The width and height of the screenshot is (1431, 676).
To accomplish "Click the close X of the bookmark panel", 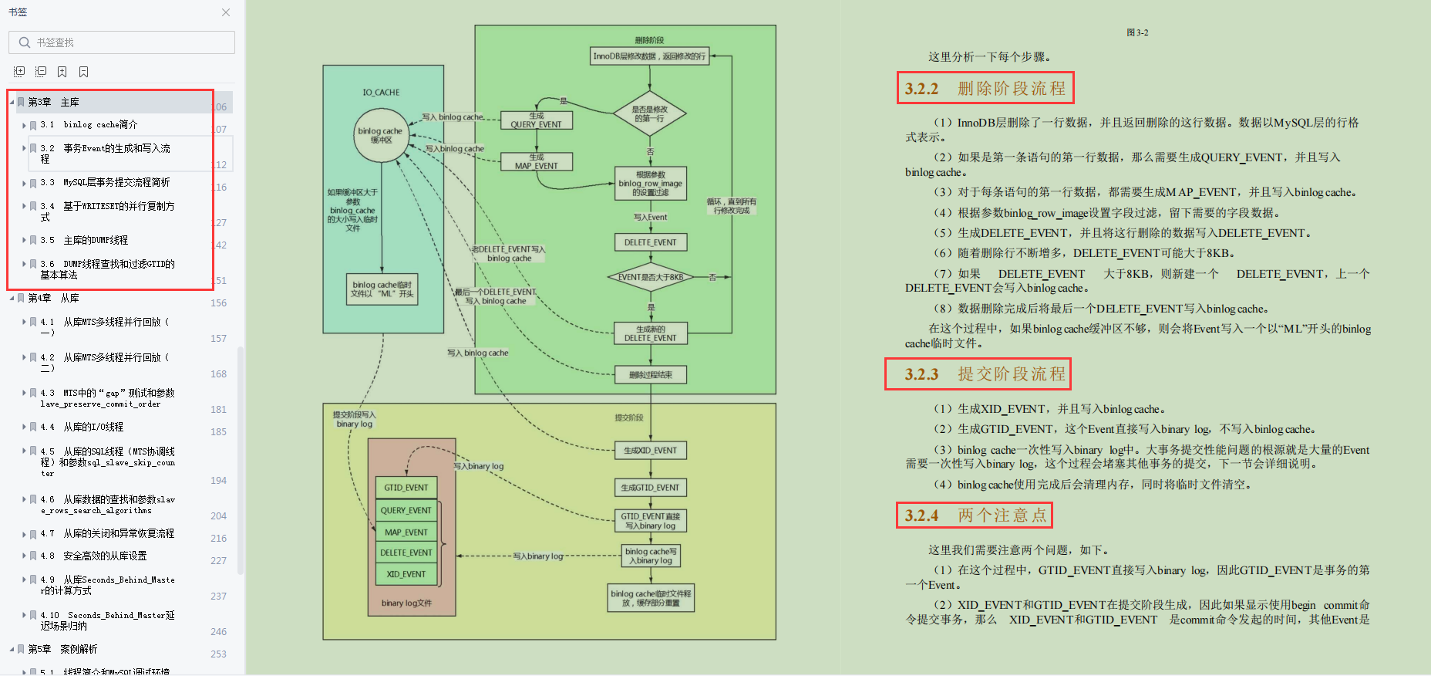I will (x=226, y=12).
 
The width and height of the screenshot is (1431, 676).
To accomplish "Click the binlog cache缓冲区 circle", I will (x=380, y=135).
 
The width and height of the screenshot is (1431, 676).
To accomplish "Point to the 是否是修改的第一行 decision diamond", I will (x=650, y=114).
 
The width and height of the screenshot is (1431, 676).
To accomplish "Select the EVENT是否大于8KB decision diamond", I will (x=650, y=277).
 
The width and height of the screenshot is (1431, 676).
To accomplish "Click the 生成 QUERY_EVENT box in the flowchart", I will (x=536, y=120).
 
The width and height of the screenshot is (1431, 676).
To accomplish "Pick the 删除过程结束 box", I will (x=650, y=375).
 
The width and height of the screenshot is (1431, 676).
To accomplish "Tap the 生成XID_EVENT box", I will (x=650, y=451).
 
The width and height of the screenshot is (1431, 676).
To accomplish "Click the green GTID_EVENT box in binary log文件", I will (x=406, y=488).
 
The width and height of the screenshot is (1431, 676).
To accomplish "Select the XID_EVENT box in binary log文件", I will (x=406, y=574).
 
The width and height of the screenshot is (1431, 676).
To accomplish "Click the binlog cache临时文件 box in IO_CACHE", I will (x=382, y=289).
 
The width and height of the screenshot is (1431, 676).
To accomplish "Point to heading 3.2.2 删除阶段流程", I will (x=985, y=89).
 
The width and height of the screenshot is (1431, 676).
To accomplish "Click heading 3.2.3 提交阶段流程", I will (x=978, y=374).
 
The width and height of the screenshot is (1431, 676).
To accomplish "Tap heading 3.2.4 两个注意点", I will (x=975, y=515).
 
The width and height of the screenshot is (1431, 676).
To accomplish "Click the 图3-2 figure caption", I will (x=1137, y=32).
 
